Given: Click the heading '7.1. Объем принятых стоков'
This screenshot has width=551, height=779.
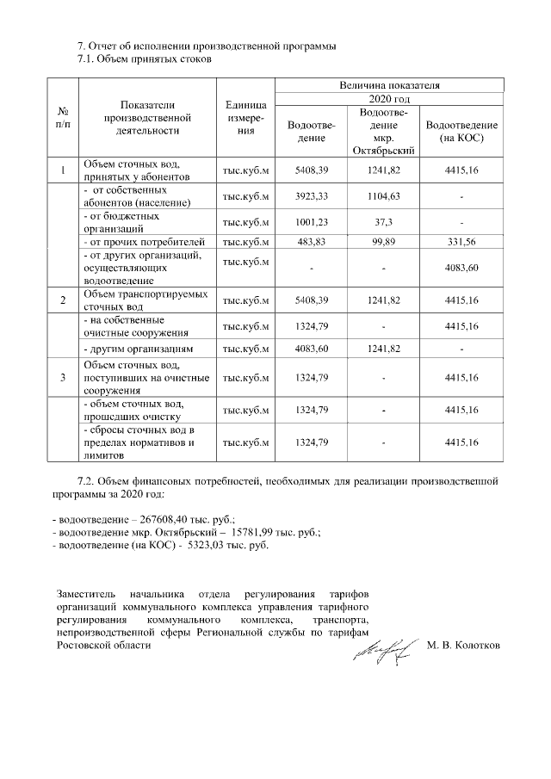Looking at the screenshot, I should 145,59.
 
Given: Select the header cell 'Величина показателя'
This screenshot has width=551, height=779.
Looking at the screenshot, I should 389,86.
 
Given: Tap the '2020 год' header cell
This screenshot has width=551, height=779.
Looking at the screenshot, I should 389,100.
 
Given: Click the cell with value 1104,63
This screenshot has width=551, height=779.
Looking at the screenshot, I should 383,196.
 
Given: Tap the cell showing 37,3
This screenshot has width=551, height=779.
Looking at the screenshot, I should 383,221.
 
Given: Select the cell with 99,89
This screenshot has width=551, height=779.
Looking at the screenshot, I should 383,242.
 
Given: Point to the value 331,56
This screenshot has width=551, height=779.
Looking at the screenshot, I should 462,242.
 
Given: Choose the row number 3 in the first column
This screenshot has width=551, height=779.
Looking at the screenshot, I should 62,376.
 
